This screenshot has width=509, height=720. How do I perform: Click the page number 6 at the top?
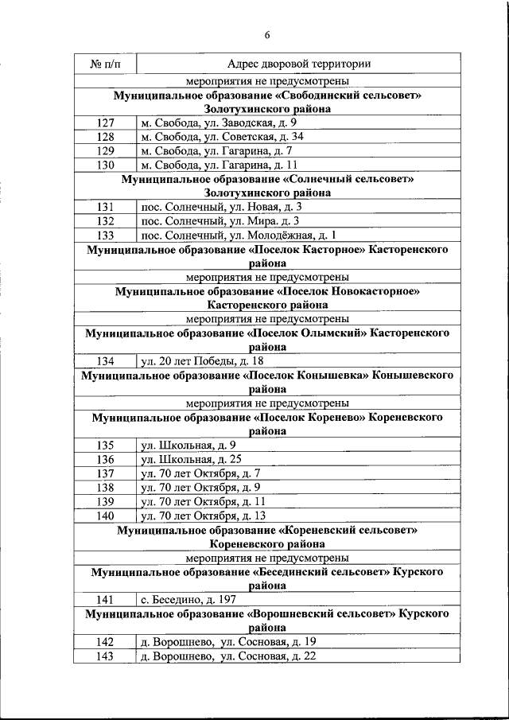tap(266, 35)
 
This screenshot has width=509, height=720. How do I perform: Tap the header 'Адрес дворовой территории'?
tap(298, 64)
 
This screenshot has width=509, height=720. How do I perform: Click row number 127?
tap(105, 123)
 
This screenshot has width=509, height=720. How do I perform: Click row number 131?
tap(105, 207)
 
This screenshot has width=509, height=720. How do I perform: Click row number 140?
tap(105, 516)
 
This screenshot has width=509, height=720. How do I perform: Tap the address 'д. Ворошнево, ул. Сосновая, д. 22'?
tap(228, 656)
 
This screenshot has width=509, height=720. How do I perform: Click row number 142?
tap(105, 641)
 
